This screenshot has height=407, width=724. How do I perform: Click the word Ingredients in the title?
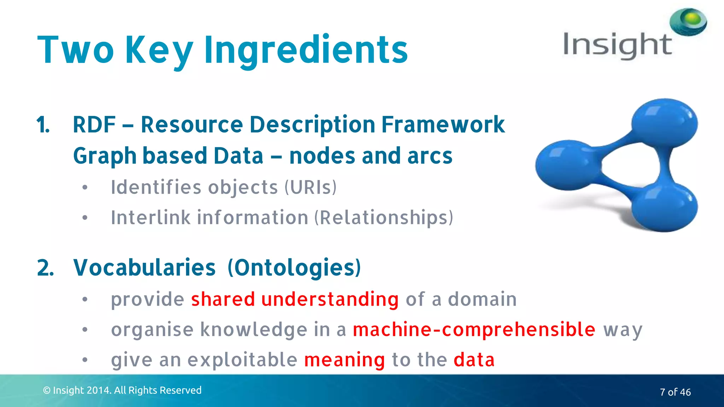tap(306, 50)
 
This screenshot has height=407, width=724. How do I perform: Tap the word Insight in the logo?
tap(617, 45)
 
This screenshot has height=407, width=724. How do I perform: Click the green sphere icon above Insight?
tap(688, 22)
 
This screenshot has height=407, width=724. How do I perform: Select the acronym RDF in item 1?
tap(94, 125)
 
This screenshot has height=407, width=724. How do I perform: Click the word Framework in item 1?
tap(443, 125)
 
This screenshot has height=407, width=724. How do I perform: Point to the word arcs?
tap(430, 156)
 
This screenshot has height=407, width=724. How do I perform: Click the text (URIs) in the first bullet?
tap(310, 187)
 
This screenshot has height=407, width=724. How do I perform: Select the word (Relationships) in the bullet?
tap(384, 218)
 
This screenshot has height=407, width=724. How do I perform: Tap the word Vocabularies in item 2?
tap(144, 267)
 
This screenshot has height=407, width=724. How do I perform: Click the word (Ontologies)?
tap(294, 267)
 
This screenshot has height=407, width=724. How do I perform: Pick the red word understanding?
tap(330, 299)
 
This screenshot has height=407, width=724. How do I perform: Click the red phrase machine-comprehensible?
tap(474, 330)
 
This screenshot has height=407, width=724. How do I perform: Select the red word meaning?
tap(344, 360)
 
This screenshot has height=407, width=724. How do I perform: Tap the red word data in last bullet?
tap(474, 360)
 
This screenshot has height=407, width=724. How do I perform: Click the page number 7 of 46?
tap(675, 392)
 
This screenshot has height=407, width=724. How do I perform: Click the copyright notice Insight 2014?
tap(122, 390)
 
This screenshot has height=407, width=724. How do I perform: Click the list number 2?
tap(45, 268)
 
